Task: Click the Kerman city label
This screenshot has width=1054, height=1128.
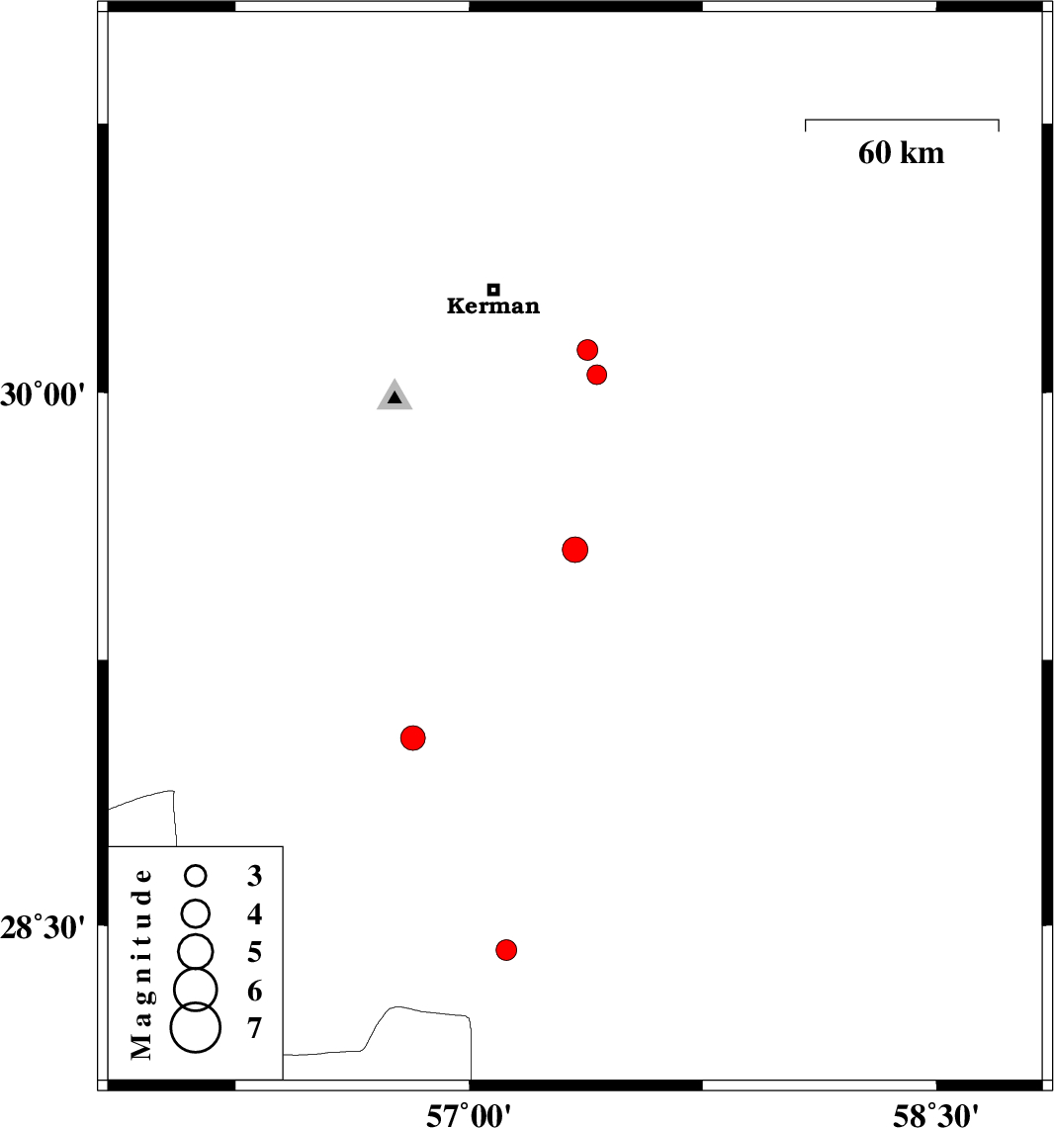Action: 493,305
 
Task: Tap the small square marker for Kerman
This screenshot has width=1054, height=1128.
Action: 493,290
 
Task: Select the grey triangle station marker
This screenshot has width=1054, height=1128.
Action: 395,396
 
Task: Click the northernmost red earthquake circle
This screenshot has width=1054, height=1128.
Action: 587,350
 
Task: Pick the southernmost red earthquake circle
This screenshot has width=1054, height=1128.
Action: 506,950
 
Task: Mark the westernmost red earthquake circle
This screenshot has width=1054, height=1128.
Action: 413,738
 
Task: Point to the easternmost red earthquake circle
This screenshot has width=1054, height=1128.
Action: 596,375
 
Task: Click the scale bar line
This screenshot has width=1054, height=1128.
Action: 902,121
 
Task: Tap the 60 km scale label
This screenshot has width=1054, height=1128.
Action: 901,153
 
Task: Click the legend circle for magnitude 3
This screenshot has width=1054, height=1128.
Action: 196,875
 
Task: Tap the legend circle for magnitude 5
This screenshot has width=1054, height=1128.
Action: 196,950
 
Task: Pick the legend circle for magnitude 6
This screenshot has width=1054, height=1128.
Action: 196,987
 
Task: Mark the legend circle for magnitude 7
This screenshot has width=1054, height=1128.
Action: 196,1027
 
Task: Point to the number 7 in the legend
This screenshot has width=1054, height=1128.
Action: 255,1029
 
